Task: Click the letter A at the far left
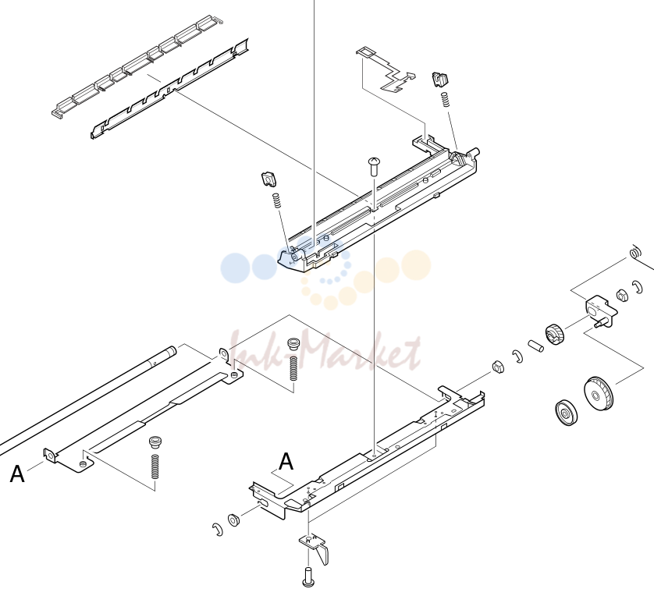click(17, 474)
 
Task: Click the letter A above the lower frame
click(286, 461)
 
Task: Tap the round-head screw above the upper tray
click(374, 166)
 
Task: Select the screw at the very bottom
click(308, 577)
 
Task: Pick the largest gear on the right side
click(599, 393)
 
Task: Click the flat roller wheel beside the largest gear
click(567, 413)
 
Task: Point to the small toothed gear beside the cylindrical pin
click(554, 334)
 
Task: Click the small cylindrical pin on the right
click(535, 346)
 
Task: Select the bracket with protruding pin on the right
click(601, 311)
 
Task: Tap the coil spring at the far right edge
click(634, 252)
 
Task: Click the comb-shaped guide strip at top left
click(137, 66)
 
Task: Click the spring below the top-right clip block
click(446, 99)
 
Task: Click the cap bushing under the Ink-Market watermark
click(293, 344)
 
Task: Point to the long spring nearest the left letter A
click(155, 466)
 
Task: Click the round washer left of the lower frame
click(233, 520)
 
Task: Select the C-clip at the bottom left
click(218, 529)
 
